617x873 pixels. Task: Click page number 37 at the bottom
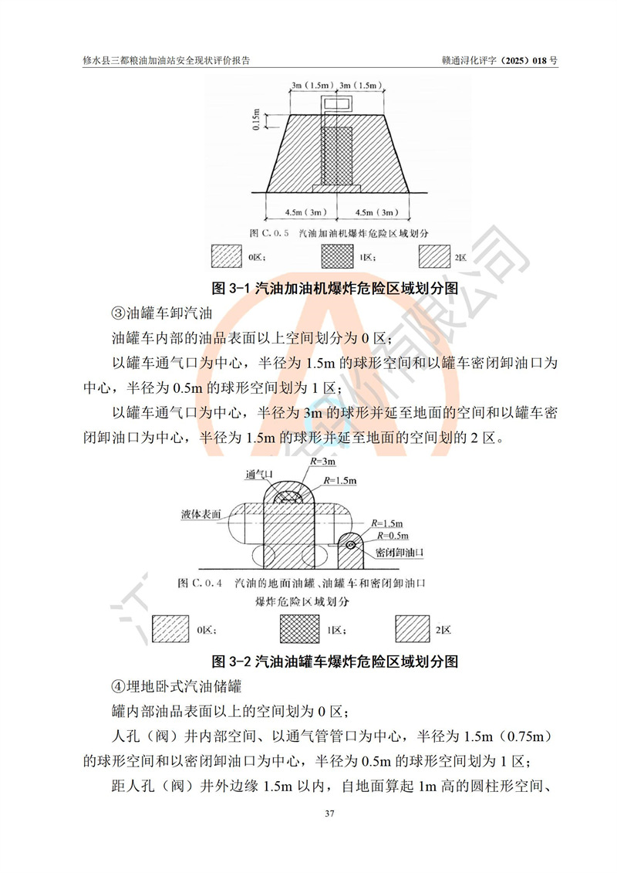click(329, 814)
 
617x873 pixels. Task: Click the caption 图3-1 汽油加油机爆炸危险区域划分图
click(335, 288)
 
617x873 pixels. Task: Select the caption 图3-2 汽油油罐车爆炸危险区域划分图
click(335, 661)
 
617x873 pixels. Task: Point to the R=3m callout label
click(322, 462)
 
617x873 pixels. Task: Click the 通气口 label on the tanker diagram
click(259, 475)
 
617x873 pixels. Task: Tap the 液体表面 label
click(201, 514)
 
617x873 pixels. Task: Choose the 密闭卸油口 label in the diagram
click(400, 553)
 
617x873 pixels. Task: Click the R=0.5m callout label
click(393, 536)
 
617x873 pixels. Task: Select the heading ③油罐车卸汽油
click(162, 313)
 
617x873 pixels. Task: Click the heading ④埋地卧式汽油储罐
click(177, 686)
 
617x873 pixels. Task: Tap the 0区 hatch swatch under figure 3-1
click(227, 256)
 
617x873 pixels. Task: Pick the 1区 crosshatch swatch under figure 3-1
click(337, 256)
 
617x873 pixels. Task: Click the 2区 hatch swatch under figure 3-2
click(413, 628)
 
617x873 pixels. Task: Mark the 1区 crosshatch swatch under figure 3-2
click(299, 628)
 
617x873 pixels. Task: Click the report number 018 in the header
click(540, 61)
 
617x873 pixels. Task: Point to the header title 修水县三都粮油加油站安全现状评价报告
click(167, 61)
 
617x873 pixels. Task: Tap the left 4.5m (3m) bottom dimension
click(302, 212)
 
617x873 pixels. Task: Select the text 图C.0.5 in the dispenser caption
click(269, 233)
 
